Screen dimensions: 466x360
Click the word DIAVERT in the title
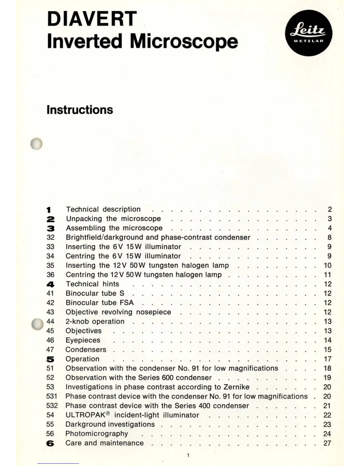(92, 19)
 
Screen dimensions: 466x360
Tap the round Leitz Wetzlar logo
(309, 33)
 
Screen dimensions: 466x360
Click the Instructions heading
(80, 110)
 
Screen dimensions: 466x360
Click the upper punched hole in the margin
(36, 144)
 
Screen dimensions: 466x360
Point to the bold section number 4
(50, 284)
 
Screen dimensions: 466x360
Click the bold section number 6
(50, 443)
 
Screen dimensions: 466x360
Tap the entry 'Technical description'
(103, 209)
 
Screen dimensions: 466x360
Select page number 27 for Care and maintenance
(327, 443)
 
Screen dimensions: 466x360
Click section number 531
(51, 396)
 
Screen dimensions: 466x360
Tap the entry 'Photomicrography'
(97, 434)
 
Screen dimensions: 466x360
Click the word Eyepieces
(83, 340)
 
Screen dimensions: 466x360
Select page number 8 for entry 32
(329, 237)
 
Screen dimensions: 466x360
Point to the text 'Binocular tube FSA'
(100, 303)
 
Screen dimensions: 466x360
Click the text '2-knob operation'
(95, 321)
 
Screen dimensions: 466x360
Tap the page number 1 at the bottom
(188, 455)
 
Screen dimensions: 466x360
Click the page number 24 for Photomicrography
(327, 434)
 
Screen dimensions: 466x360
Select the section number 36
(50, 275)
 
